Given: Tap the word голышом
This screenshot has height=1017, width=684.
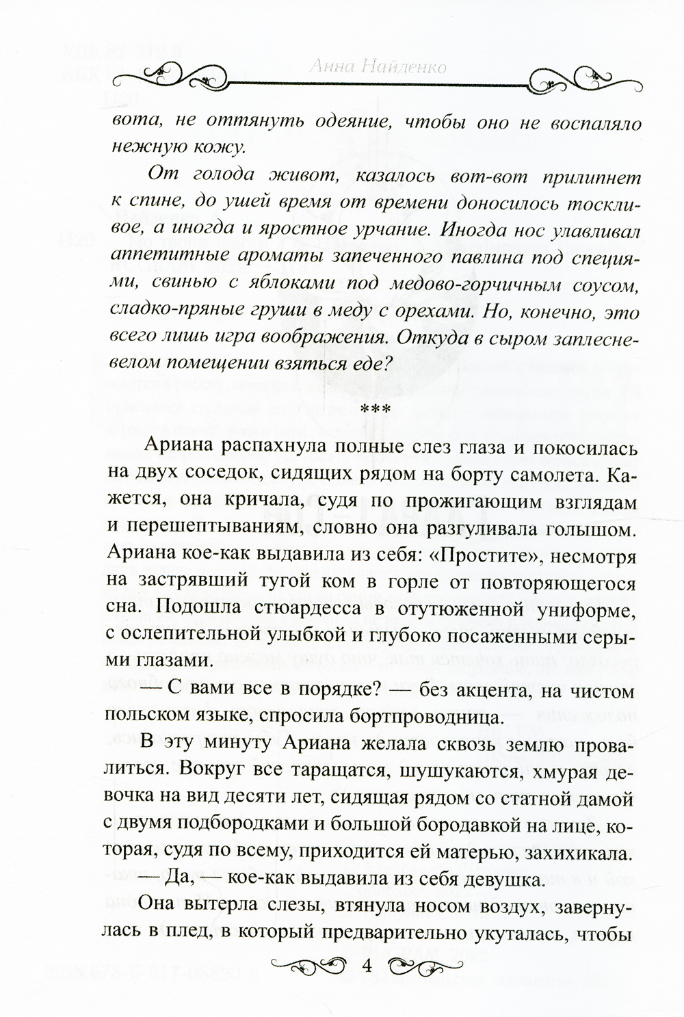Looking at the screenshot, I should (x=593, y=527).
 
